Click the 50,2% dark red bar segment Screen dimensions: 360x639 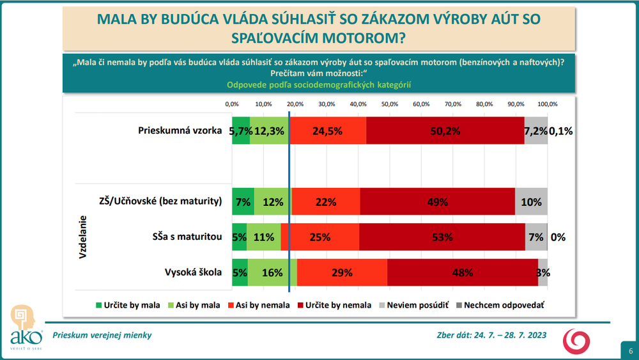(445, 130)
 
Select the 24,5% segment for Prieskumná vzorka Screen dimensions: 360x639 (327, 130)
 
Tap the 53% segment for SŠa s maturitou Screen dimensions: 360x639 (442, 237)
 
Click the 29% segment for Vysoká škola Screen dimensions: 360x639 (342, 272)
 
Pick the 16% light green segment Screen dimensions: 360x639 (272, 272)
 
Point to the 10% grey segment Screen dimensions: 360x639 (531, 201)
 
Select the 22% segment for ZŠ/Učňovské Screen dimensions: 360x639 (325, 201)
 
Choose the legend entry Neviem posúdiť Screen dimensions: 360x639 (409, 305)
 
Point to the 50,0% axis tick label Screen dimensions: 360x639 (390, 104)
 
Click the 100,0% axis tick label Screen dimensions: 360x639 (548, 104)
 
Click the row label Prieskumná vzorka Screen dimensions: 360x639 (180, 130)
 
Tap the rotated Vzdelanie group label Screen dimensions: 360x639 (83, 237)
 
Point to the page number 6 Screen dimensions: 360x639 (630, 351)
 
